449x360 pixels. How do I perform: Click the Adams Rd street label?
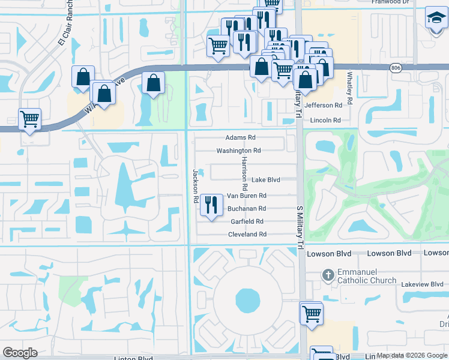(240, 137)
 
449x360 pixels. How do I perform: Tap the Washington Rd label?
(238, 151)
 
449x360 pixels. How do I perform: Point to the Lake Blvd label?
(265, 179)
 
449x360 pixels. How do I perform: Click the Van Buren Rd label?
(246, 196)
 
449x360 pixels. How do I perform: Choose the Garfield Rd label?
(247, 221)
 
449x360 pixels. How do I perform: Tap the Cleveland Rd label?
(247, 235)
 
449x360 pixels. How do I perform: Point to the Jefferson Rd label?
(323, 105)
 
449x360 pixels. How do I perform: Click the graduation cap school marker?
(435, 17)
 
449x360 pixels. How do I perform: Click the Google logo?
(21, 353)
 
